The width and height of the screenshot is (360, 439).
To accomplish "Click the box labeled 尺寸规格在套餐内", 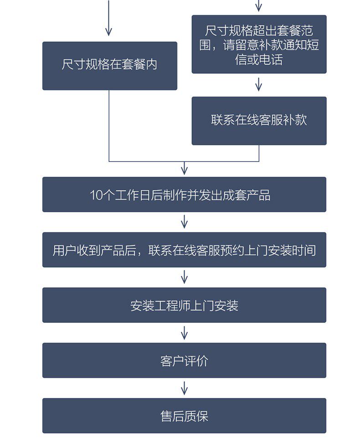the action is [110, 66].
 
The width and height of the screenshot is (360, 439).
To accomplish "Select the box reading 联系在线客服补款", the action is [259, 121].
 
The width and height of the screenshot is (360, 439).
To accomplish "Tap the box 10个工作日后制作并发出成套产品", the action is [185, 194].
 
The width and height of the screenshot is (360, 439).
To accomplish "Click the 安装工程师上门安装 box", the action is [185, 305].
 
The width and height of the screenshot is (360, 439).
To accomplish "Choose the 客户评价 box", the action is [185, 360].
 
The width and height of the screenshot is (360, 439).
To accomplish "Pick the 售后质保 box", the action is [185, 415].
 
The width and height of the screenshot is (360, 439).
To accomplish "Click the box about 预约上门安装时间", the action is [185, 250].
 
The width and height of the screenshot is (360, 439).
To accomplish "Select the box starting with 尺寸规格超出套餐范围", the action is [259, 44].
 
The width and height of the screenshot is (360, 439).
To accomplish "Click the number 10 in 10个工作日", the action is [96, 195].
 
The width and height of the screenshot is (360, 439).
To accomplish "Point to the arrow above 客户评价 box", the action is [185, 332].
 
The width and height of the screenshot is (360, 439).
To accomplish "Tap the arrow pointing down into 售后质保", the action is [185, 388].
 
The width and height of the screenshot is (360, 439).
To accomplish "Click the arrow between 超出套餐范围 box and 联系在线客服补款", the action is [259, 84].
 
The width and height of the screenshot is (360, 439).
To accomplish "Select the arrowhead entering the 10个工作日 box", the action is [185, 171].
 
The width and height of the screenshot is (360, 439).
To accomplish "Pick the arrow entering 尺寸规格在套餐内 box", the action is [109, 18].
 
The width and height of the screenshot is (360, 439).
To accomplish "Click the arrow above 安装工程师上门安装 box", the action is [185, 277].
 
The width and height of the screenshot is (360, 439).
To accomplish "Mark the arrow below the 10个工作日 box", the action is [185, 222].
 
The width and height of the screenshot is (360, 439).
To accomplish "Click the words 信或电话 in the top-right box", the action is [259, 59].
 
